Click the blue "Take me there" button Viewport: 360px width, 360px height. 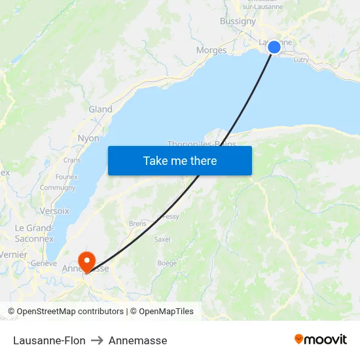pyautogui.click(x=179, y=160)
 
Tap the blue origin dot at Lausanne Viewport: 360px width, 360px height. pyautogui.click(x=274, y=46)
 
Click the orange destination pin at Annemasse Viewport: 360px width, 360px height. pyautogui.click(x=86, y=262)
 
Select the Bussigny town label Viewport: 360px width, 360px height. pyautogui.click(x=238, y=21)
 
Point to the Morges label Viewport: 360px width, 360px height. pyautogui.click(x=211, y=50)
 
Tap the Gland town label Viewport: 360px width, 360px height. pyautogui.click(x=100, y=109)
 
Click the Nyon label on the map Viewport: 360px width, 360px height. pyautogui.click(x=88, y=138)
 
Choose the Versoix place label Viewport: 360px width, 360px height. pyautogui.click(x=54, y=211)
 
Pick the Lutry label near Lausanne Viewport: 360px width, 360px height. pyautogui.click(x=302, y=60)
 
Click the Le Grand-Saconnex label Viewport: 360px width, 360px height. pyautogui.click(x=34, y=233)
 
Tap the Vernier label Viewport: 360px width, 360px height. pyautogui.click(x=14, y=255)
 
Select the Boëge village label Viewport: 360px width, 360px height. pyautogui.click(x=167, y=263)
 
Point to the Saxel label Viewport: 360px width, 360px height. pyautogui.click(x=162, y=240)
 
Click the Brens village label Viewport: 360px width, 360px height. pyautogui.click(x=137, y=223)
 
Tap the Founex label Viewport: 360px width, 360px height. pyautogui.click(x=67, y=177)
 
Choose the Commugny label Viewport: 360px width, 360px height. pyautogui.click(x=58, y=188)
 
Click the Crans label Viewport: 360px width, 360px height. pyautogui.click(x=72, y=160)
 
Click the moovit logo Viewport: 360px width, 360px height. pyautogui.click(x=320, y=339)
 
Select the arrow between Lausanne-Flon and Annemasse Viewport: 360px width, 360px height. pyautogui.click(x=97, y=340)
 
